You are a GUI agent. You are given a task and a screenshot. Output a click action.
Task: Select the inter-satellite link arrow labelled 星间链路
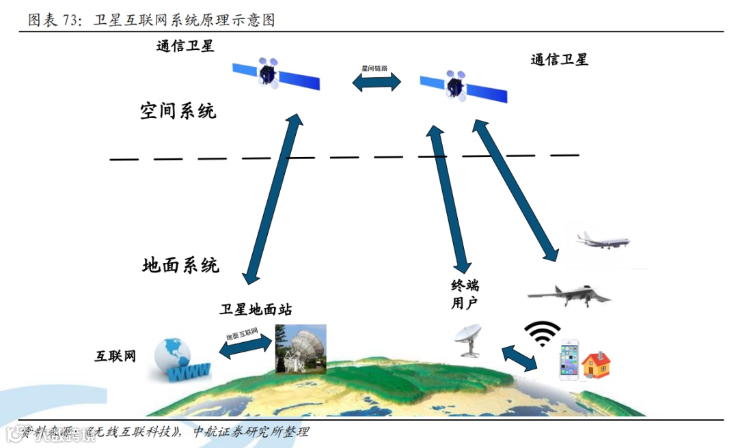377,81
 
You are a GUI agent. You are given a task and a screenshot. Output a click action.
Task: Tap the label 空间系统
178,111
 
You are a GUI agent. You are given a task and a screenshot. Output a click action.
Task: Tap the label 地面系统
180,265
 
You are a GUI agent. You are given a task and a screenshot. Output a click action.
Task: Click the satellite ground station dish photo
301,348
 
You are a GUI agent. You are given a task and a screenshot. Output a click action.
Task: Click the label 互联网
115,356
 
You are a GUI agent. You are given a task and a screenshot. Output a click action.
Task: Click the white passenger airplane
601,240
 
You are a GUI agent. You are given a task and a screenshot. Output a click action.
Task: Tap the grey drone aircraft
569,294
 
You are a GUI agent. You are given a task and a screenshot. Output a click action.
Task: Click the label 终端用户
465,294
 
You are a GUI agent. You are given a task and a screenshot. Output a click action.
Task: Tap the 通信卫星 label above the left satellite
185,46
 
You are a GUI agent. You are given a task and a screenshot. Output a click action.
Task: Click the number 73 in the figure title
69,20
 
